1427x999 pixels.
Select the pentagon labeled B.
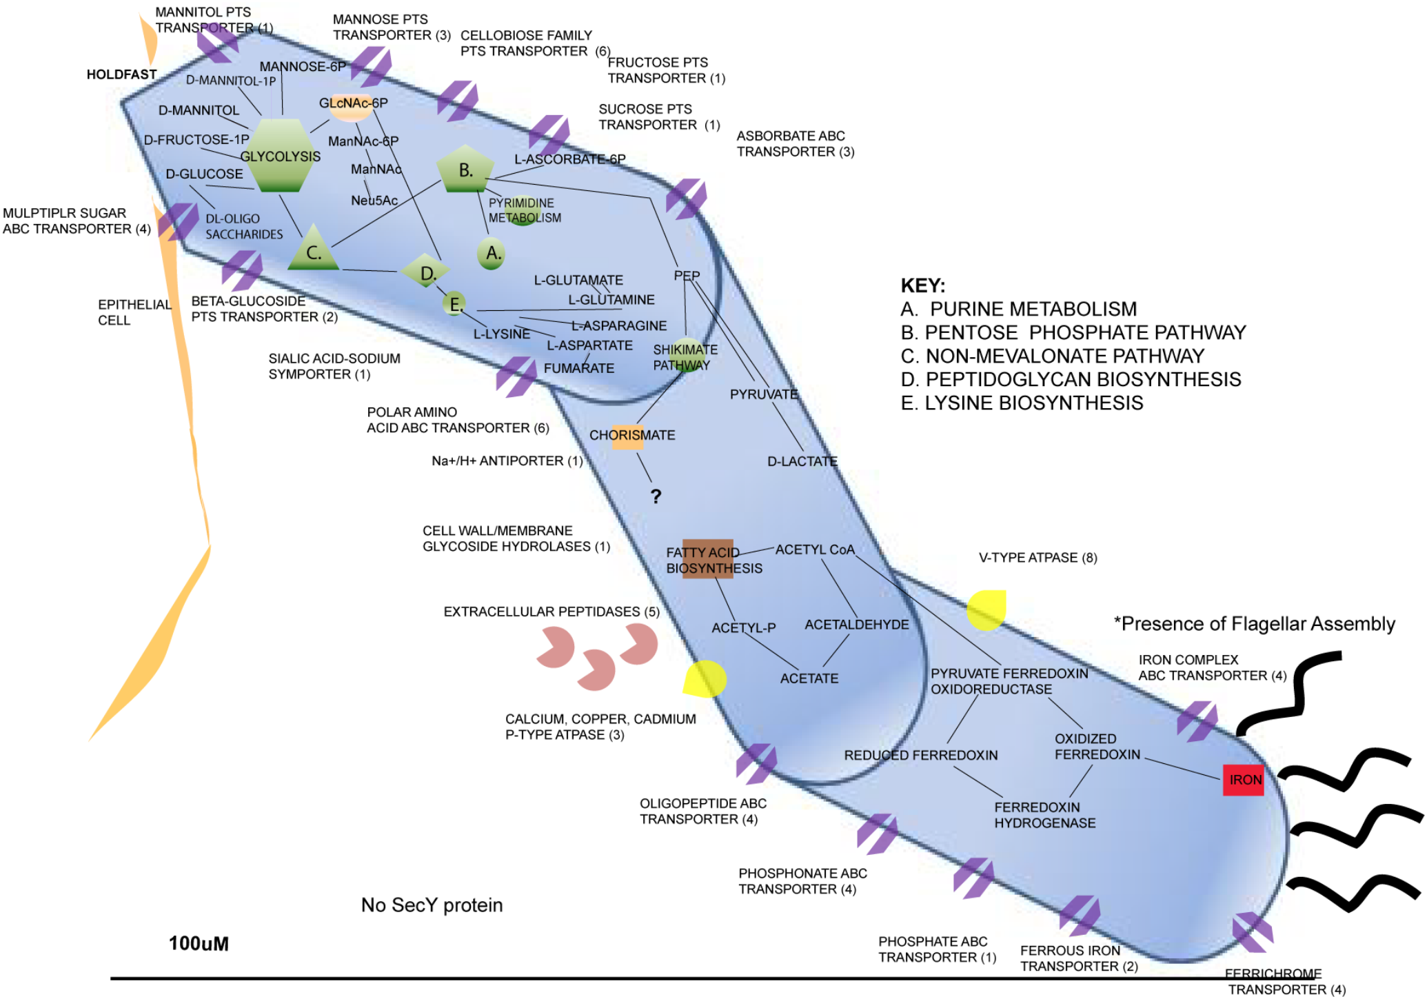(466, 170)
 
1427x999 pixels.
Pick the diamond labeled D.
(426, 273)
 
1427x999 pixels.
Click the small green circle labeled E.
(454, 303)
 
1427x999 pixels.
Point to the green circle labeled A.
(491, 253)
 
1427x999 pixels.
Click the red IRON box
(1243, 780)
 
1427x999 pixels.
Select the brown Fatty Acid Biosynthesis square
(707, 559)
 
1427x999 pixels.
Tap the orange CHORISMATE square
(628, 436)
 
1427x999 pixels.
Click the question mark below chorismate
(656, 496)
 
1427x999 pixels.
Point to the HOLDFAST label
(121, 74)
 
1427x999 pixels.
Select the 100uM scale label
(199, 944)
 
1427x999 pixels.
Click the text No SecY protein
(432, 905)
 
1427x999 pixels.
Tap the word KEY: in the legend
(922, 285)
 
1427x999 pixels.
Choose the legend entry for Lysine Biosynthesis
(1022, 403)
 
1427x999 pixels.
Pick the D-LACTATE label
(802, 461)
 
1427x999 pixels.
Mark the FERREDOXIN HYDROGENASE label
(1044, 815)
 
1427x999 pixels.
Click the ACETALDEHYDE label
(857, 625)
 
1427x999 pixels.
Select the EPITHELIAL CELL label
(134, 312)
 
